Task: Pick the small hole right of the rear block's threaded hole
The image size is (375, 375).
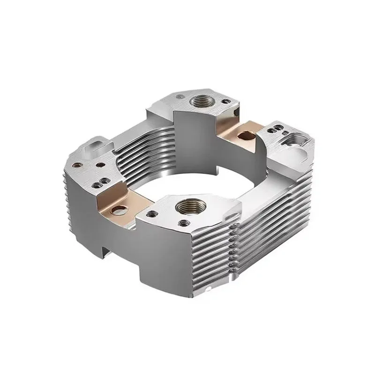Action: tap(227, 101)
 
